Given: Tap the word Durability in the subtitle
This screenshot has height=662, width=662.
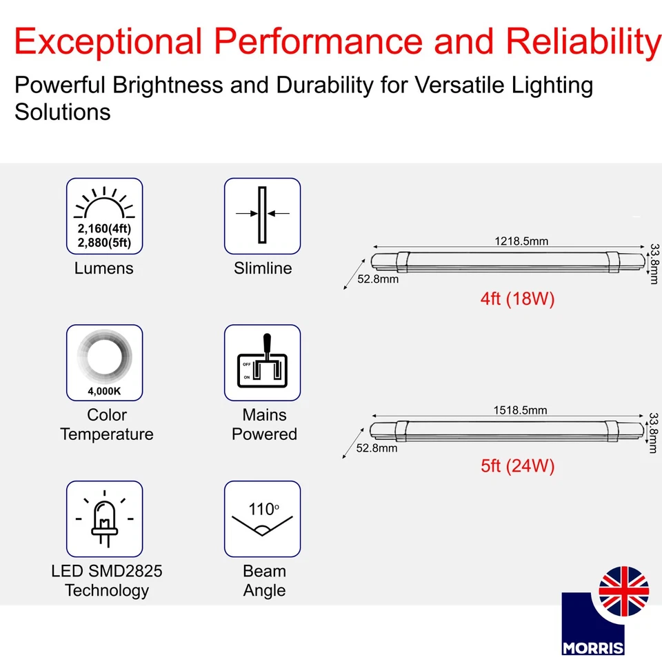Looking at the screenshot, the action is tap(325, 86).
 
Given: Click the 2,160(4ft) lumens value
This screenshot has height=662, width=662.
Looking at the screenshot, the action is tap(104, 228).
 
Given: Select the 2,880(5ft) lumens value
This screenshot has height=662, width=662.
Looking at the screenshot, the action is tap(104, 243).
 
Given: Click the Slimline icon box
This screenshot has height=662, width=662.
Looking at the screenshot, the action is tap(262, 216).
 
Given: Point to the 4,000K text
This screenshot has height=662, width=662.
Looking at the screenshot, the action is tap(104, 392).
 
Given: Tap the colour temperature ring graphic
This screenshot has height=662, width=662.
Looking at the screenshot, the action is tap(104, 356).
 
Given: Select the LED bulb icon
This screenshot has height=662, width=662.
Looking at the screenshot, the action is tap(104, 519).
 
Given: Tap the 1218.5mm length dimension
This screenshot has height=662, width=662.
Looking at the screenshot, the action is tap(521, 241).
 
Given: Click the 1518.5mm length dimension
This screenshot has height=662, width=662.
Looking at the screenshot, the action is tap(520, 410).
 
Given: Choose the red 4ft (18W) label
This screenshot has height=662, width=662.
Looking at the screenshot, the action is tap(517, 299).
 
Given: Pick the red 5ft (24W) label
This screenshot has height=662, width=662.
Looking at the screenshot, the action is tap(517, 466).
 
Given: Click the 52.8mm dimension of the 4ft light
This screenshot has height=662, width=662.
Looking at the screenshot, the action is tap(378, 279).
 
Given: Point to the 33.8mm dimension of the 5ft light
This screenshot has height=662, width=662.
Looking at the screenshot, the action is tap(654, 433).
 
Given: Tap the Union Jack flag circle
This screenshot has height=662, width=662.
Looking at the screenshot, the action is tap(623, 591).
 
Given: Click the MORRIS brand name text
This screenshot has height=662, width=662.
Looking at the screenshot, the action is tap(593, 648).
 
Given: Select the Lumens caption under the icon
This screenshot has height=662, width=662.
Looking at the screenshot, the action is tap(104, 268).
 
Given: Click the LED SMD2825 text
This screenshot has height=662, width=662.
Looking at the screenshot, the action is tap(106, 571).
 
